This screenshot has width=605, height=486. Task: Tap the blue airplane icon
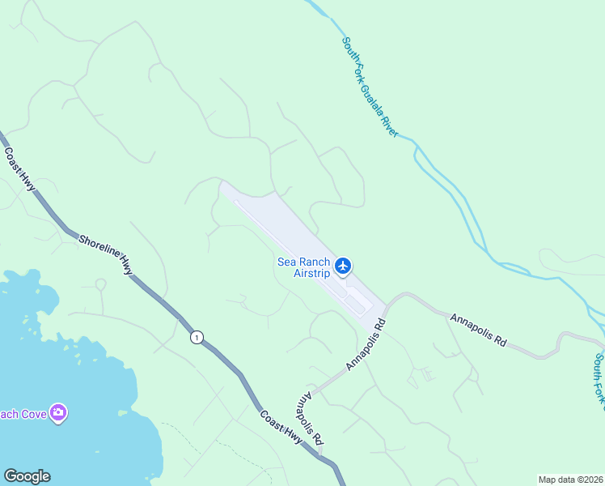pos(344,266)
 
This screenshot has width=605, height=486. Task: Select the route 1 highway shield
pos(196,337)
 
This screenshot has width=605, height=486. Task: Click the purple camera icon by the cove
pos(57,413)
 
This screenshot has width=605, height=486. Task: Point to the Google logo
pos(27,476)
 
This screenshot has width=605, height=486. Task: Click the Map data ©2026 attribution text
pos(571,480)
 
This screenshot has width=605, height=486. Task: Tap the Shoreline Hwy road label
pos(105,254)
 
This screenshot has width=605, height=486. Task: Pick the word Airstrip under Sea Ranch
pos(312,274)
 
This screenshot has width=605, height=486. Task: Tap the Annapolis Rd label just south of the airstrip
pos(366,345)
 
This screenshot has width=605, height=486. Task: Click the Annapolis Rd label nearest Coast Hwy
pos(310,417)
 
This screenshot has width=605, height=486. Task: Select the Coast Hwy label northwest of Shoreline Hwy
pos(19,168)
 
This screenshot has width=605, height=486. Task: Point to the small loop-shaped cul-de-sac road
pos(100,284)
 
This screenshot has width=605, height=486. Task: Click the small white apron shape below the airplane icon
pos(357,301)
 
